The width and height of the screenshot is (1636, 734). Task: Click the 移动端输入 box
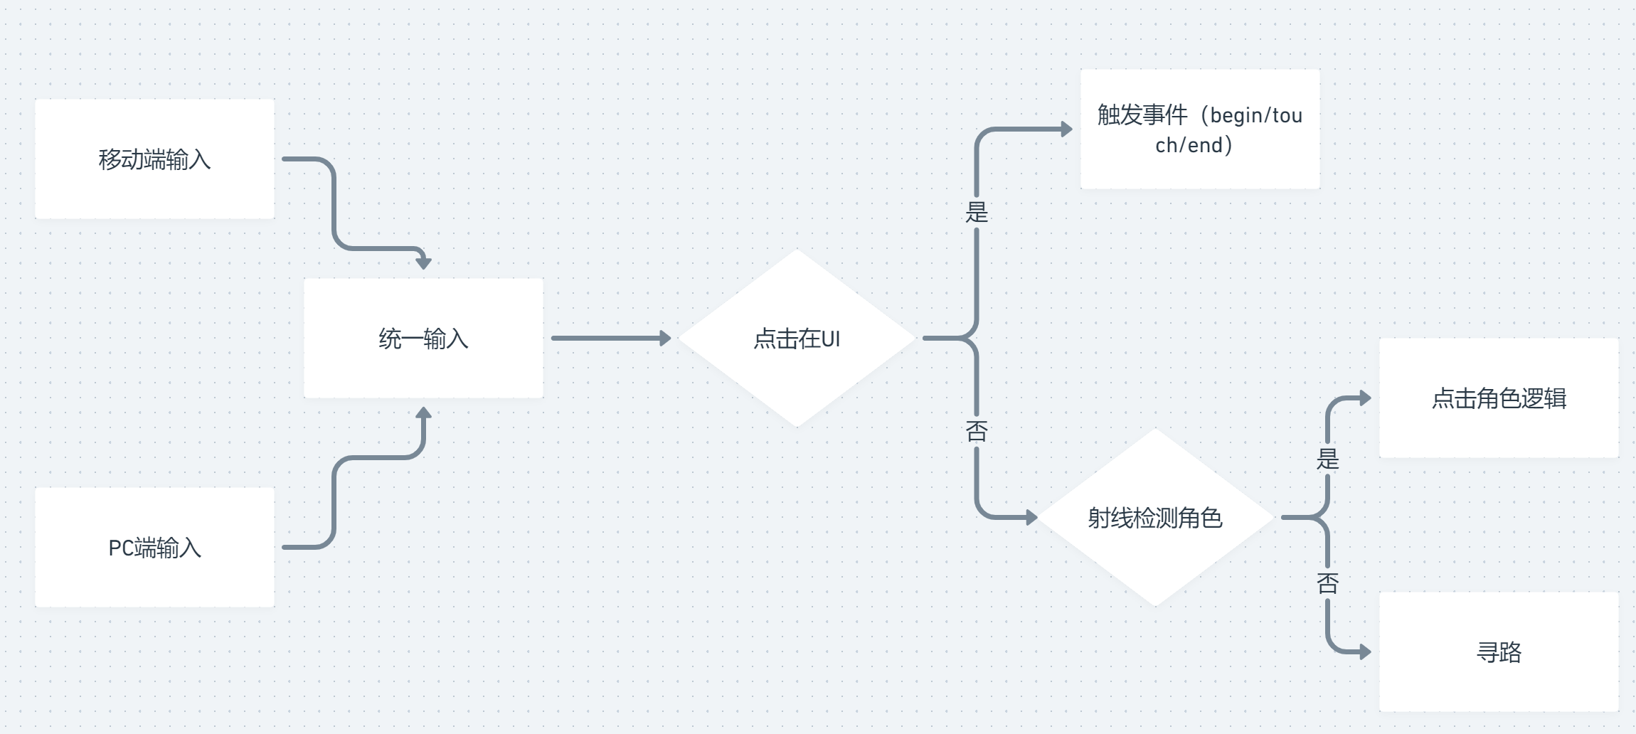point(154,159)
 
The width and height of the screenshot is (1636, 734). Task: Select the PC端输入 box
point(154,547)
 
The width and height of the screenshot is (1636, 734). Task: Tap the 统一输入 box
point(423,338)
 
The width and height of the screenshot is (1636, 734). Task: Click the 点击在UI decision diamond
point(797,338)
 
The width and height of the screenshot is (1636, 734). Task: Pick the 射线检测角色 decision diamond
point(1155,517)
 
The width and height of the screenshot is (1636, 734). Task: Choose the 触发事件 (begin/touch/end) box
point(1200,129)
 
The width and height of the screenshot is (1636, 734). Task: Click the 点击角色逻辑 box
point(1499,398)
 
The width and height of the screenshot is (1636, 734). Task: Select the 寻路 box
point(1499,651)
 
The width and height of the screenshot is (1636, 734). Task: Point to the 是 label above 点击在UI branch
point(977,212)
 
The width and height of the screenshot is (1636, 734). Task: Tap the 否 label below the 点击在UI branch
point(977,430)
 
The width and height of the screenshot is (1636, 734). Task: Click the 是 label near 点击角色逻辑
point(1327,459)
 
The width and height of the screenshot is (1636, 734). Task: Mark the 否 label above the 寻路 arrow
point(1327,583)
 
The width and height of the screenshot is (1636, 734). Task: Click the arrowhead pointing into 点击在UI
point(665,338)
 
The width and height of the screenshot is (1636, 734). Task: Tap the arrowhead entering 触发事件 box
point(1066,129)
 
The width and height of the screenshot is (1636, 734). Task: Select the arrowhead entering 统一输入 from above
point(423,263)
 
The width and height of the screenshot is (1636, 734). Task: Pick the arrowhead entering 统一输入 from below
point(423,413)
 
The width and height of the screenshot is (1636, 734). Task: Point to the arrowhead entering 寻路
point(1365,651)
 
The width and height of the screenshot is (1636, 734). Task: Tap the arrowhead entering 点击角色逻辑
point(1365,398)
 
